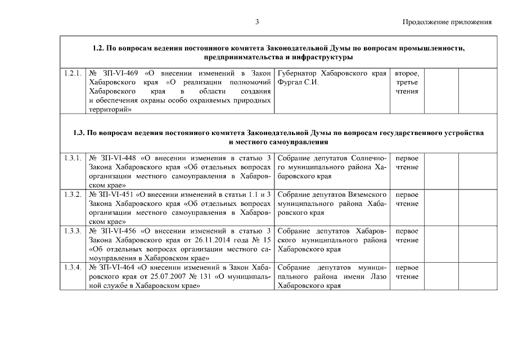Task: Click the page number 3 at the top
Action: [256, 22]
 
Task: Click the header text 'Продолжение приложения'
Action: [447, 22]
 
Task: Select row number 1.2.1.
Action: [73, 73]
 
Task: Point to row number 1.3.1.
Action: [73, 157]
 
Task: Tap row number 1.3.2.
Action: [73, 194]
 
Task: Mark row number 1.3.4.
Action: [73, 267]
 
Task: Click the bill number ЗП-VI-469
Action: [120, 73]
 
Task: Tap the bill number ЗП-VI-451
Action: [116, 194]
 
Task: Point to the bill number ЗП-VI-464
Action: [116, 267]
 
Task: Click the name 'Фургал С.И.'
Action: [298, 82]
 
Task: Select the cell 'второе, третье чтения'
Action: [407, 82]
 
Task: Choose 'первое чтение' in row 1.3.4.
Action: [407, 272]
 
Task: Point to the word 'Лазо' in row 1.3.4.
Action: [377, 276]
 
